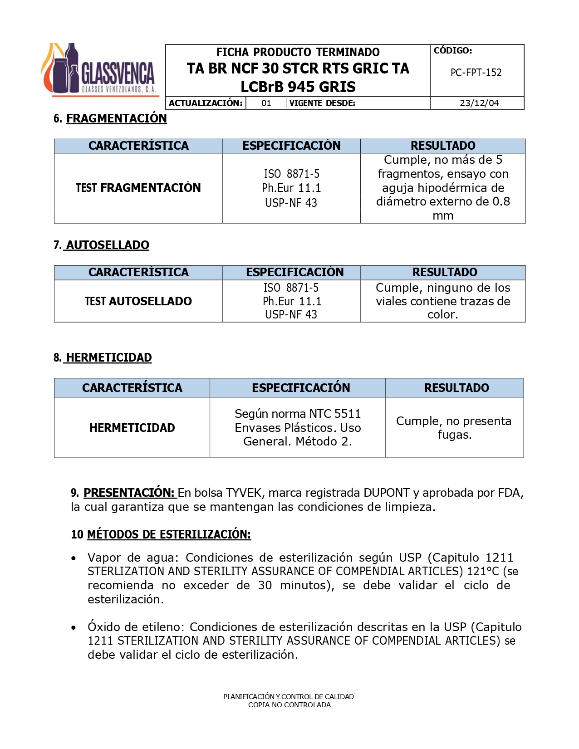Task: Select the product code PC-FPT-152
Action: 476,73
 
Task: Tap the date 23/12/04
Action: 479,103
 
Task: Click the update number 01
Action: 266,103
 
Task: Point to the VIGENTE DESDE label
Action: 322,103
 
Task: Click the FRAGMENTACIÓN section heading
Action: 116,118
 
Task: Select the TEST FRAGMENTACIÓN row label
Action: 138,188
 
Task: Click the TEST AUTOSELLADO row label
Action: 138,301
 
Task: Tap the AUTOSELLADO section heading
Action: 107,245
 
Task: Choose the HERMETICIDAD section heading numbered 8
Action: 108,357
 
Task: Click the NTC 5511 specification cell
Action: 298,427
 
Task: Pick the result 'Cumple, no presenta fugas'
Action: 454,427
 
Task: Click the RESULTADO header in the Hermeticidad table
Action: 456,388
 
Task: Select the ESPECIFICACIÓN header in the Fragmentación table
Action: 291,146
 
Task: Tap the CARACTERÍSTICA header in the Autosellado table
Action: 138,272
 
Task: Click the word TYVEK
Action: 244,493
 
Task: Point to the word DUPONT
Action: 387,493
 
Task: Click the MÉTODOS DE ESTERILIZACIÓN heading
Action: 169,534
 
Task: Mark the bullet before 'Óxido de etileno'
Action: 74,628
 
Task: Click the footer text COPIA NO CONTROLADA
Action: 289,705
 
